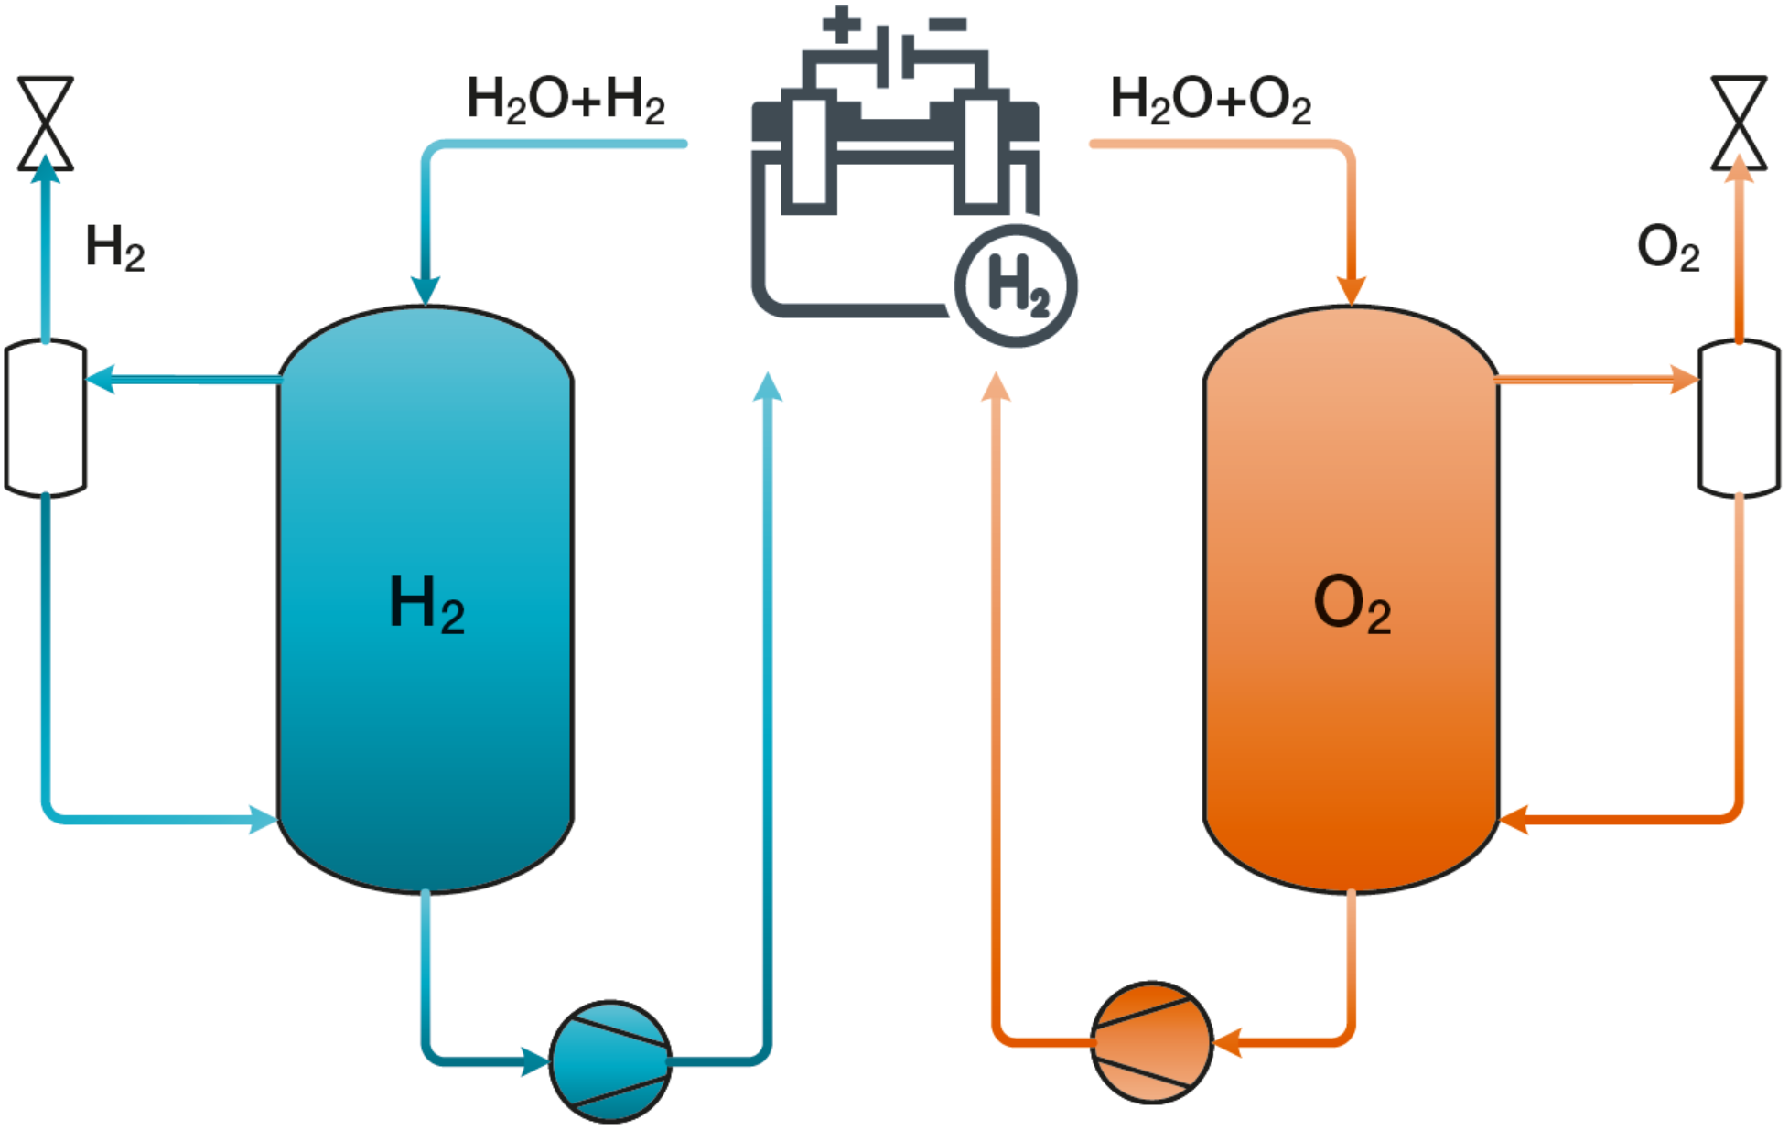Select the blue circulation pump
[x=610, y=1061]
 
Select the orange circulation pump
[x=1152, y=1042]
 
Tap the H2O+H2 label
[x=566, y=100]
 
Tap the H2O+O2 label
[x=1211, y=100]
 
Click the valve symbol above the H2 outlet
[x=46, y=124]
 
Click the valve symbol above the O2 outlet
[x=1739, y=124]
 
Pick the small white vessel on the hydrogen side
[x=46, y=417]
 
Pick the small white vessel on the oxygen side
[x=1739, y=417]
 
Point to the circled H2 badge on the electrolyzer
[x=1016, y=285]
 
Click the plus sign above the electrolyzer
[x=841, y=24]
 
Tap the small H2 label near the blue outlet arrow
[x=114, y=248]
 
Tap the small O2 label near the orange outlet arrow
[x=1668, y=248]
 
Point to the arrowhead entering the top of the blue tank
[x=426, y=290]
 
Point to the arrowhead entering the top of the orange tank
[x=1352, y=290]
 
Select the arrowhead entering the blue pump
[x=534, y=1061]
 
